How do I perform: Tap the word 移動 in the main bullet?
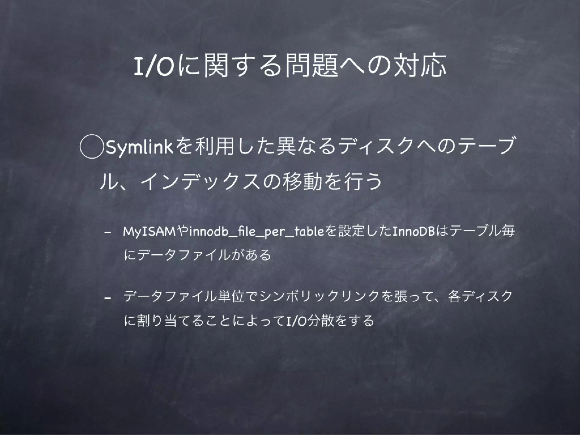pos(303,182)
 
